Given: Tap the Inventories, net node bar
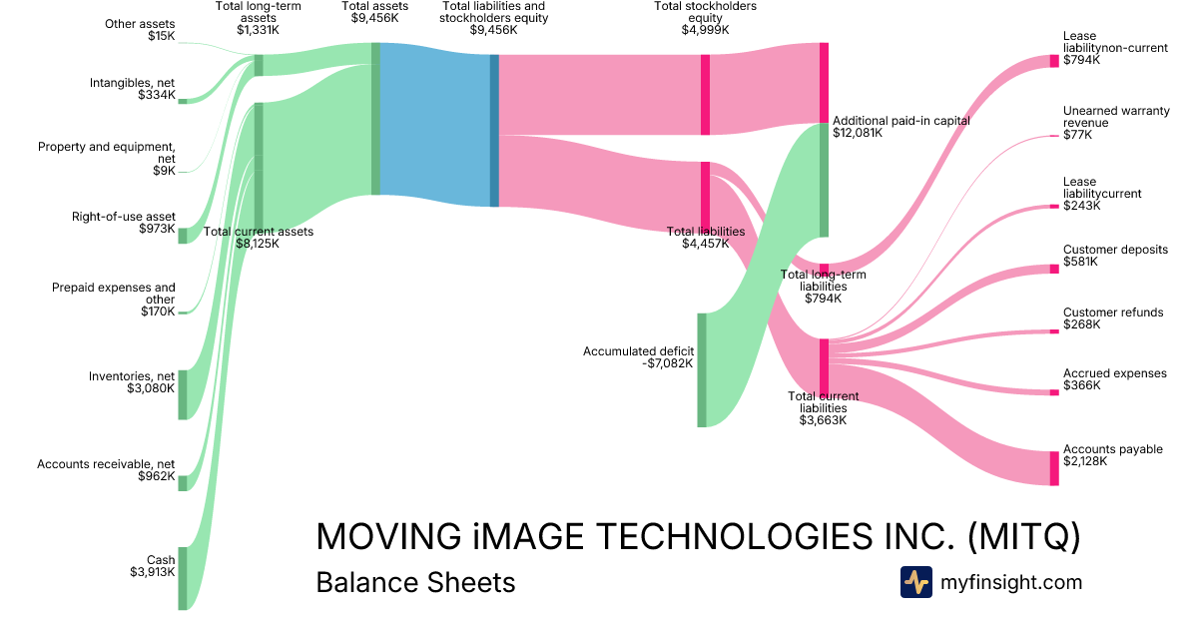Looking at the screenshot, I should pos(183,394).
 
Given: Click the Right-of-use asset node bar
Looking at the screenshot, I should pos(183,235).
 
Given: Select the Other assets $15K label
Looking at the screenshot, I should pos(140,30).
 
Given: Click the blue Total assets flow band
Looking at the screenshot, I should pos(435,125).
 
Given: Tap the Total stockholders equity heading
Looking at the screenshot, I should pos(705,18).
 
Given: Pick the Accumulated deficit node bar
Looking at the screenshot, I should pos(702,369).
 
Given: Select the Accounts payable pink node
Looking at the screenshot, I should pos(1053,468).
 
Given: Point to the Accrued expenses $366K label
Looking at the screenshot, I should pos(1114,379).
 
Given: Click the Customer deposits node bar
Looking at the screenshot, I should pos(1053,269).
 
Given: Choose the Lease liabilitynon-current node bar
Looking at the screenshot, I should pos(1053,61).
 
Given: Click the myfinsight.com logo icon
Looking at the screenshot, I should pos(915,582).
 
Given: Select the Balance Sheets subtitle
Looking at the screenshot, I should pos(415,582).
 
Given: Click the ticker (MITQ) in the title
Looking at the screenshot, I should pos(1024,536).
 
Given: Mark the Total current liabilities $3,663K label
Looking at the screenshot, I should pos(823,408).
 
